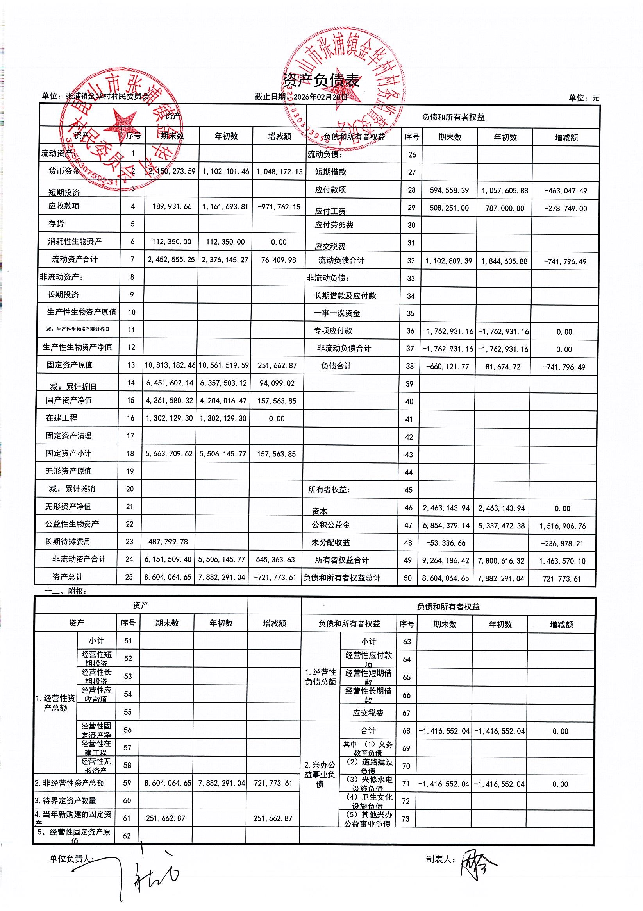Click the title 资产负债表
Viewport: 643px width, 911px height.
pyautogui.click(x=321, y=80)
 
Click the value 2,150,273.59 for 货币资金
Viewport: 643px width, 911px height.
pyautogui.click(x=172, y=172)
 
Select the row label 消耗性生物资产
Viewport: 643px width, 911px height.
pyautogui.click(x=75, y=241)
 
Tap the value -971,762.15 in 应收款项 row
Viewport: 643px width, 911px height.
pyautogui.click(x=279, y=207)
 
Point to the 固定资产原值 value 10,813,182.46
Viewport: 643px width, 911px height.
pyautogui.click(x=170, y=365)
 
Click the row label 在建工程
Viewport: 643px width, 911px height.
pyautogui.click(x=61, y=418)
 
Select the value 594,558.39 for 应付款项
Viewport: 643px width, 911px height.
pyautogui.click(x=449, y=190)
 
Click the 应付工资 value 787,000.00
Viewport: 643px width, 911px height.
pyautogui.click(x=505, y=208)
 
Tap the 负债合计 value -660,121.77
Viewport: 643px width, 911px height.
pyautogui.click(x=447, y=367)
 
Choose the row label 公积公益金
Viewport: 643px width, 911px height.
pyautogui.click(x=331, y=525)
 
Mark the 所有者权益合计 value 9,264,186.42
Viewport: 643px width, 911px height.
pyautogui.click(x=446, y=561)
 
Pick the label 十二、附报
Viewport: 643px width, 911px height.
pyautogui.click(x=66, y=591)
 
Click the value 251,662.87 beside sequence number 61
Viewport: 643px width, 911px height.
pyautogui.click(x=165, y=818)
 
